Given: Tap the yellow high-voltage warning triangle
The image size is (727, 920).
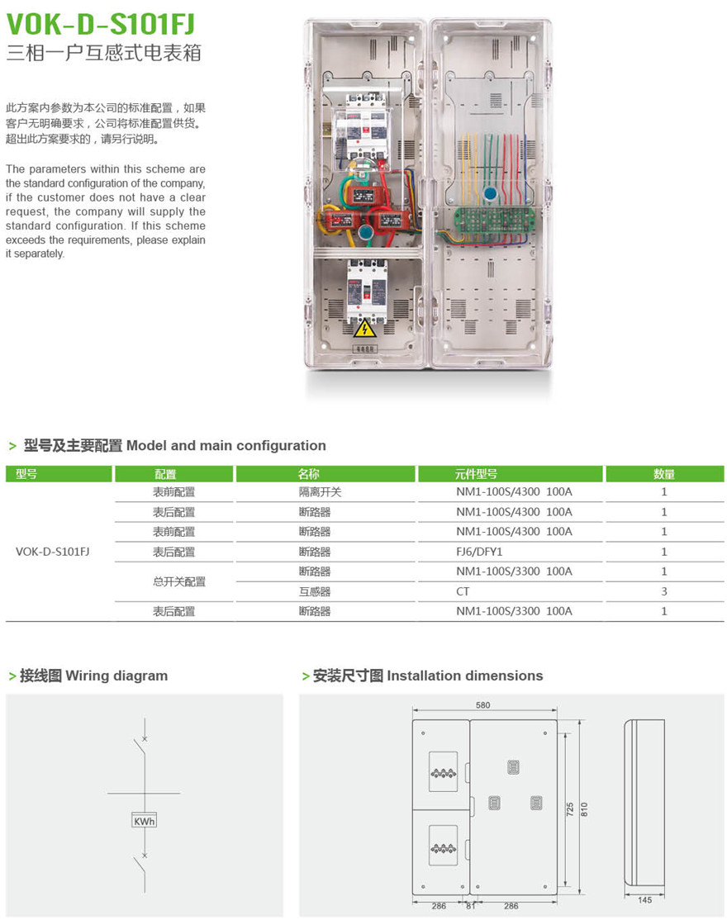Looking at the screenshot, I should (363, 329).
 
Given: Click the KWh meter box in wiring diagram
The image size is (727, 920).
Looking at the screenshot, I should (144, 821).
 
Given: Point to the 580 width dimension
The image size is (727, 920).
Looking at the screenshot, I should (483, 704).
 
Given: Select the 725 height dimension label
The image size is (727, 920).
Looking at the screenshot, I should (570, 809).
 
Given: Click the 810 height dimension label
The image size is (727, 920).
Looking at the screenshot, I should (584, 809).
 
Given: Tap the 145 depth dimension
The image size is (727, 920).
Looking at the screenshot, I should (644, 899).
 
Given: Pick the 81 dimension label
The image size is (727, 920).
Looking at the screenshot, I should (469, 906).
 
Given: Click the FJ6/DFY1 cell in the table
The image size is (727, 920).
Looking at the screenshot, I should (479, 552).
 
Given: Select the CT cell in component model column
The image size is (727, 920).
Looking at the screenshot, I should (463, 591).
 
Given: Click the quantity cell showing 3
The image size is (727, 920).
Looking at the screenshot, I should (663, 591).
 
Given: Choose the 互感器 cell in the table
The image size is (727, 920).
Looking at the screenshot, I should (314, 591).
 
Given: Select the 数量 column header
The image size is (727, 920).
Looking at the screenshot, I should (663, 474).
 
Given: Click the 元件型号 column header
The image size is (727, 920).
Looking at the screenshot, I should (476, 474).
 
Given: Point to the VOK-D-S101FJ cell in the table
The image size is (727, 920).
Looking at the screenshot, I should (52, 552).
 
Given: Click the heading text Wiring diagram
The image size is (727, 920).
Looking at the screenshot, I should (116, 676).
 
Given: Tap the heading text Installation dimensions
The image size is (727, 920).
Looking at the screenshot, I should (464, 676).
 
